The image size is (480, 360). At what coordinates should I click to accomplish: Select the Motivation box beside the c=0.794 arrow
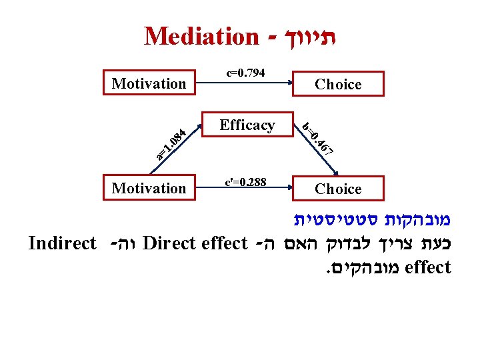click(149, 84)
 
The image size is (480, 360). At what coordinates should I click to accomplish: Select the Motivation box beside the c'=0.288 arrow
click(149, 189)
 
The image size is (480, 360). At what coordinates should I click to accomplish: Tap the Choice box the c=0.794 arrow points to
click(338, 85)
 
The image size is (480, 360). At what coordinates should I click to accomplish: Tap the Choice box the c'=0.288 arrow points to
click(338, 189)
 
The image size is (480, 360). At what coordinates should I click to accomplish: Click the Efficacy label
click(247, 125)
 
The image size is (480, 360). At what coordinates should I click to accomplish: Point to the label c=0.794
click(246, 72)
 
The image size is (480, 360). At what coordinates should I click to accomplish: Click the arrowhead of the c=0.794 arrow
click(290, 83)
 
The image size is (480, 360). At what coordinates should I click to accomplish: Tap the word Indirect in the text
click(63, 243)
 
